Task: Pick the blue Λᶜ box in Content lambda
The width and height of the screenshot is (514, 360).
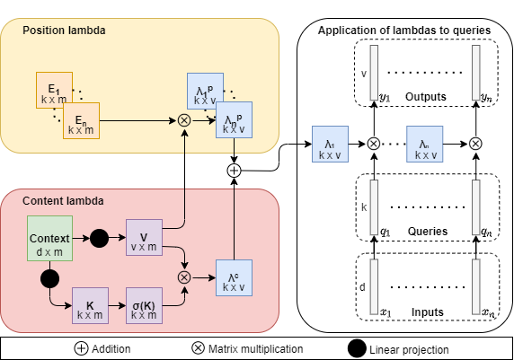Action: tap(233, 277)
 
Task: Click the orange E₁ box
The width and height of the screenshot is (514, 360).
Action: tap(53, 92)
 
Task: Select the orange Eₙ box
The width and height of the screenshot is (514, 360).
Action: tap(81, 121)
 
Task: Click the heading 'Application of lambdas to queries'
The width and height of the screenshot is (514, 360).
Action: tap(404, 31)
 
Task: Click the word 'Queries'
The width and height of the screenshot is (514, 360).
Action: tap(426, 232)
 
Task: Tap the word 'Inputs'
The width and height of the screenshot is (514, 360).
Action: tap(426, 312)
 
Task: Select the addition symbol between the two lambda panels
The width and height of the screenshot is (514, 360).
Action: tap(234, 170)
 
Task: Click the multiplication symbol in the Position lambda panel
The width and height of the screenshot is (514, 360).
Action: tap(185, 119)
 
